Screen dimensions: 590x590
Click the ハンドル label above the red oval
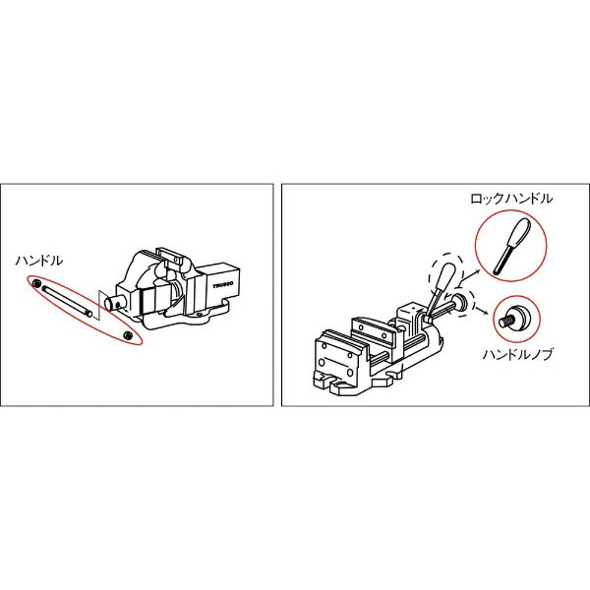click(x=39, y=261)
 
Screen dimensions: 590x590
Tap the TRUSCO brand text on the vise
click(x=223, y=285)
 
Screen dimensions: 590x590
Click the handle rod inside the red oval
click(x=67, y=301)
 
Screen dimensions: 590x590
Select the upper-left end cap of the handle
click(x=37, y=284)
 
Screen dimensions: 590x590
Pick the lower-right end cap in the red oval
click(x=129, y=334)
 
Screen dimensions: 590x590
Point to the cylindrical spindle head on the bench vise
click(x=114, y=303)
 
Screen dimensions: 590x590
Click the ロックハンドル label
click(x=511, y=199)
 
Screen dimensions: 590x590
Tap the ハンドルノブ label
click(x=518, y=354)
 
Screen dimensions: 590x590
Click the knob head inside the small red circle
click(x=518, y=317)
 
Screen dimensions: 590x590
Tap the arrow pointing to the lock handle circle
click(x=471, y=275)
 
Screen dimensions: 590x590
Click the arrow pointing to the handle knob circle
click(x=483, y=310)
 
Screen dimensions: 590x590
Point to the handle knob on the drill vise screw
click(x=460, y=302)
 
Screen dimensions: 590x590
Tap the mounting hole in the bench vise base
click(x=200, y=313)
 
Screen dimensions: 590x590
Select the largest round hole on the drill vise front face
click(x=322, y=362)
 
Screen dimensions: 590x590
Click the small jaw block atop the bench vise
click(x=169, y=257)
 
